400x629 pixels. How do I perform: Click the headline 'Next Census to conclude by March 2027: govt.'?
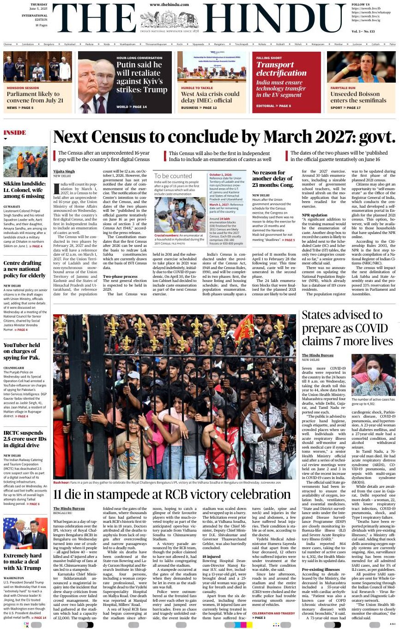click(224, 137)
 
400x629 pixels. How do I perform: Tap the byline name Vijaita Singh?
click(64, 172)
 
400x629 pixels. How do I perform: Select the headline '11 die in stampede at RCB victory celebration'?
click(172, 494)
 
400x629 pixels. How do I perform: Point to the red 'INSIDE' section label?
click(15, 132)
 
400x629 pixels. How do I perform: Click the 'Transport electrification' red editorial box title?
click(281, 69)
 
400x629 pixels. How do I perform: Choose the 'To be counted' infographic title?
click(173, 176)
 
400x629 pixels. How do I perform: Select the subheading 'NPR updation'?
click(315, 215)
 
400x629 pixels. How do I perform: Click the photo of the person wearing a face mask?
click(373, 374)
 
